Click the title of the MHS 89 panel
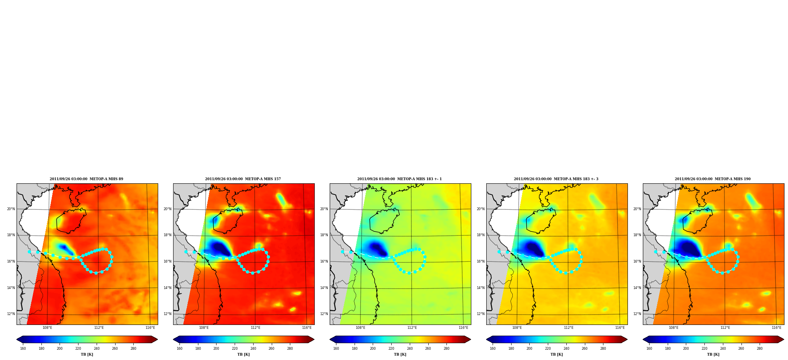tap(86, 179)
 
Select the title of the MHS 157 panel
tap(243, 179)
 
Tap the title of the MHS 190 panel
tap(713, 179)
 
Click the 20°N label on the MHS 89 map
tap(11, 209)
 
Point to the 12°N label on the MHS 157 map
tap(168, 314)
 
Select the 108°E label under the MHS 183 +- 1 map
tap(360, 328)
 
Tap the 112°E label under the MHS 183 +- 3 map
tap(569, 328)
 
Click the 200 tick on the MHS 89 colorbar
tap(60, 349)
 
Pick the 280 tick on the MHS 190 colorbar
tap(760, 349)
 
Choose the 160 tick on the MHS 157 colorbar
tap(179, 349)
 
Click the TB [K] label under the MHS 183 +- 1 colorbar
tap(400, 354)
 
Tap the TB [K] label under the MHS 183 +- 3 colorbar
tap(556, 354)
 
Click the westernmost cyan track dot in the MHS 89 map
tap(29, 252)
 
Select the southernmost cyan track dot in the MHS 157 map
tap(253, 273)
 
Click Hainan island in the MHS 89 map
tap(71, 221)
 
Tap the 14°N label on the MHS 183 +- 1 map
tap(324, 288)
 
